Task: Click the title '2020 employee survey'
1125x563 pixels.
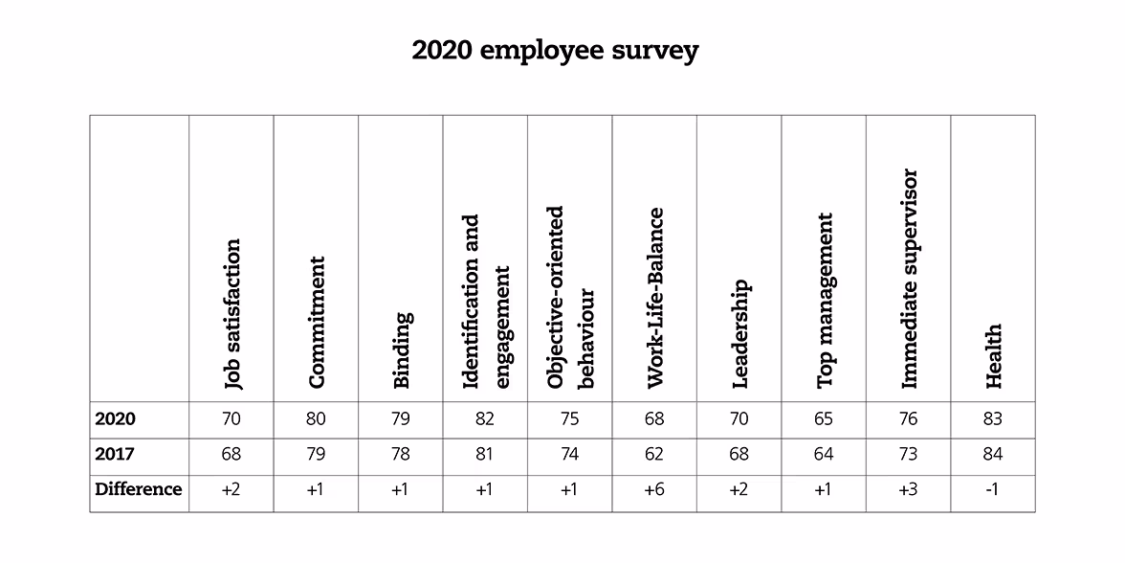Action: click(x=555, y=50)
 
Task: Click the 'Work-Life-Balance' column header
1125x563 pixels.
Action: click(x=655, y=298)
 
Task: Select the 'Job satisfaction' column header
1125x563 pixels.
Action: click(x=232, y=313)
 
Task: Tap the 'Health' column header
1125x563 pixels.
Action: click(x=994, y=355)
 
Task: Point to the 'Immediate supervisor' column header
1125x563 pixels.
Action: click(x=910, y=279)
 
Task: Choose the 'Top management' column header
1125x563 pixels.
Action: click(x=826, y=300)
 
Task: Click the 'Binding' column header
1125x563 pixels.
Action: click(x=402, y=349)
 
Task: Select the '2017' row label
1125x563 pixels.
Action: click(x=115, y=454)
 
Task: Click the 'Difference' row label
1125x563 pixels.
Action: click(x=139, y=489)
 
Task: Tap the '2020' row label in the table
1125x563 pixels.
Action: click(x=115, y=418)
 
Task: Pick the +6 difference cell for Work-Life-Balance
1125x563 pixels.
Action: click(x=654, y=490)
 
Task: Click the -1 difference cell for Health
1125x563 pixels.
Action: click(x=993, y=490)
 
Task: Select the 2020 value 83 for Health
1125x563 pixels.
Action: click(x=993, y=419)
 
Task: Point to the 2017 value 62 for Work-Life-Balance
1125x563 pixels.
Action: click(x=654, y=455)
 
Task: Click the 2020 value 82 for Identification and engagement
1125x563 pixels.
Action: click(x=485, y=419)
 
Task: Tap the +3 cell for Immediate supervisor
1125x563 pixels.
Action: click(x=909, y=490)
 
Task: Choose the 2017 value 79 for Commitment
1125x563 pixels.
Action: click(x=316, y=455)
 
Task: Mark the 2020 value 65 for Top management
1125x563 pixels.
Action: click(x=824, y=419)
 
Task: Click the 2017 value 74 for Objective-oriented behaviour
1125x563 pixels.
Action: click(x=569, y=455)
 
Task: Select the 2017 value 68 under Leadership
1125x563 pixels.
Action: click(x=739, y=455)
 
